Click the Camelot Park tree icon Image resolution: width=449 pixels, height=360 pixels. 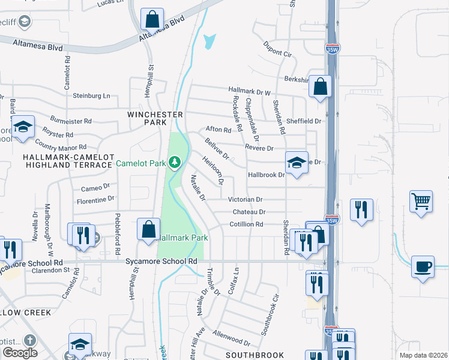pyautogui.click(x=175, y=162)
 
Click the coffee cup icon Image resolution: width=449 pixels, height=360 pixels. pyautogui.click(x=423, y=265)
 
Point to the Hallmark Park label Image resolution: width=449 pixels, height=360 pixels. pyautogui.click(x=183, y=238)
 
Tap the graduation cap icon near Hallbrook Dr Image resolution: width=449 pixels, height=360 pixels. pyautogui.click(x=297, y=163)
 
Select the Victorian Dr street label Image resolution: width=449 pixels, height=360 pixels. pyautogui.click(x=245, y=199)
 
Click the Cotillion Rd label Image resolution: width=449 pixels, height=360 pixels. pyautogui.click(x=246, y=224)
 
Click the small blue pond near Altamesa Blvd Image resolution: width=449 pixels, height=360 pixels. pyautogui.click(x=209, y=41)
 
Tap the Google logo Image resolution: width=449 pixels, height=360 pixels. pyautogui.click(x=20, y=353)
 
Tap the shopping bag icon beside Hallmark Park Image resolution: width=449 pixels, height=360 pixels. pyautogui.click(x=148, y=229)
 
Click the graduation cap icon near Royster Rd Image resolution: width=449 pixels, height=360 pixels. pyautogui.click(x=23, y=127)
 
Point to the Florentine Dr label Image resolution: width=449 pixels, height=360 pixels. pyautogui.click(x=94, y=199)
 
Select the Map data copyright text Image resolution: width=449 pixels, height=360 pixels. pyautogui.click(x=423, y=355)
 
